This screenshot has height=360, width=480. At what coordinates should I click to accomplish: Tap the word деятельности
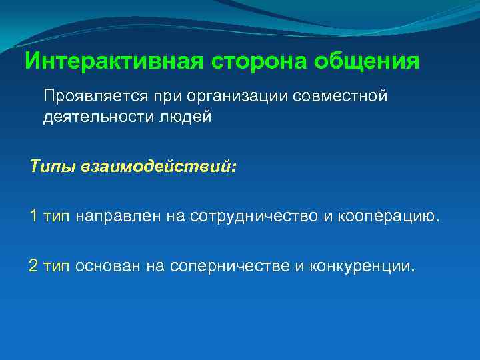tap(96, 117)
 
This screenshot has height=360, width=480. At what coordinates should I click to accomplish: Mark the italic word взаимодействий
tap(157, 164)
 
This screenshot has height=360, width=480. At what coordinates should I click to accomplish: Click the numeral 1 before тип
tap(34, 215)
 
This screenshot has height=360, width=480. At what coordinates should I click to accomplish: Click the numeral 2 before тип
tap(34, 267)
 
